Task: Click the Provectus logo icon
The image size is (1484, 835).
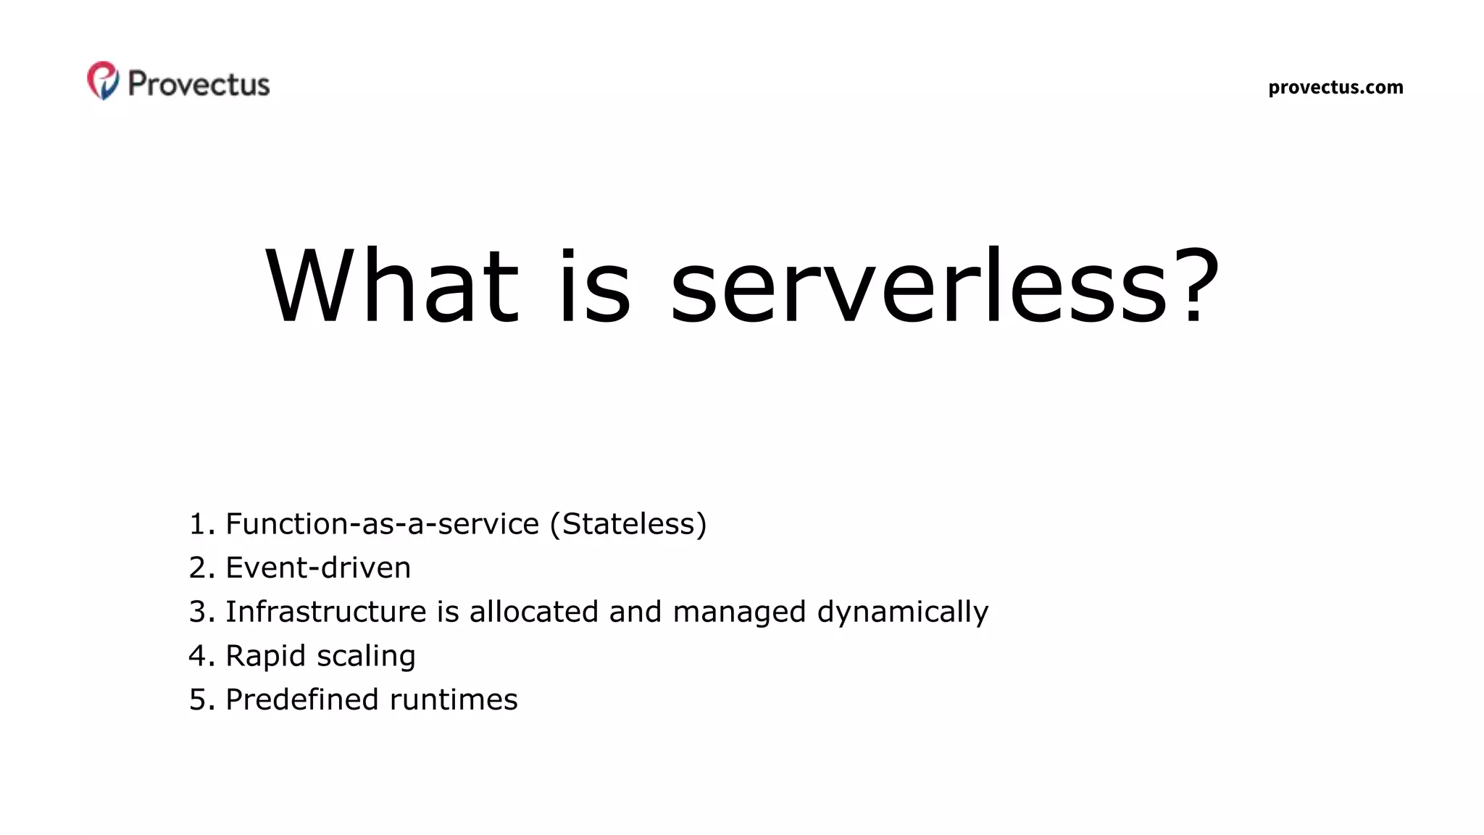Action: pos(103,80)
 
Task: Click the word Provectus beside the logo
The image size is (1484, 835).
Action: pos(199,84)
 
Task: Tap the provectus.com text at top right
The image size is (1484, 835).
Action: pos(1335,88)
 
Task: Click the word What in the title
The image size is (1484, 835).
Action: pos(392,286)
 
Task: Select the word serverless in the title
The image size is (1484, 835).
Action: pos(917,286)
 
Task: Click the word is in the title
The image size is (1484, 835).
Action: pos(594,286)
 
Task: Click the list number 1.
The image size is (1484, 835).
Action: pos(200,525)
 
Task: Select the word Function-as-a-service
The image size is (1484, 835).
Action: pos(383,524)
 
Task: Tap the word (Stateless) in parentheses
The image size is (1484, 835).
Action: pos(628,524)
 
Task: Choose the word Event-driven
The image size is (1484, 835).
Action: pos(318,568)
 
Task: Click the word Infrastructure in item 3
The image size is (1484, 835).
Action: pos(326,612)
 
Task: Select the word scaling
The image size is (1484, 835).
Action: pos(366,657)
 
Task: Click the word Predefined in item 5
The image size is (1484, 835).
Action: pos(302,700)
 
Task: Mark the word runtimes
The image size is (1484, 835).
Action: pos(454,700)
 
